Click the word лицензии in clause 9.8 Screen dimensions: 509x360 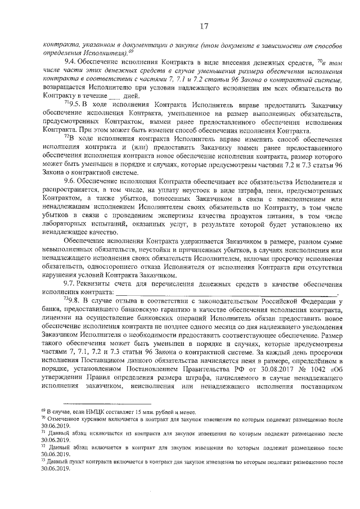pyautogui.click(x=58, y=318)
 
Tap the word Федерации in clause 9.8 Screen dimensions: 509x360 pyautogui.click(x=317, y=301)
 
